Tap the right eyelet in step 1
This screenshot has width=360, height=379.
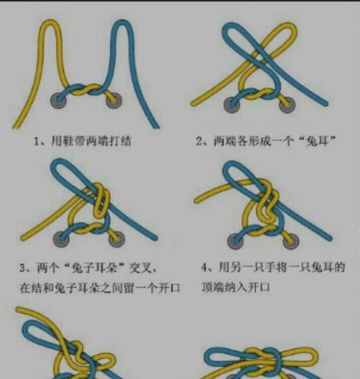pyautogui.click(x=113, y=100)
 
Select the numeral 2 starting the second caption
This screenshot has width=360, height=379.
pyautogui.click(x=199, y=142)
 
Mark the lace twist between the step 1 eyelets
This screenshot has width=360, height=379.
pyautogui.click(x=85, y=91)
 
